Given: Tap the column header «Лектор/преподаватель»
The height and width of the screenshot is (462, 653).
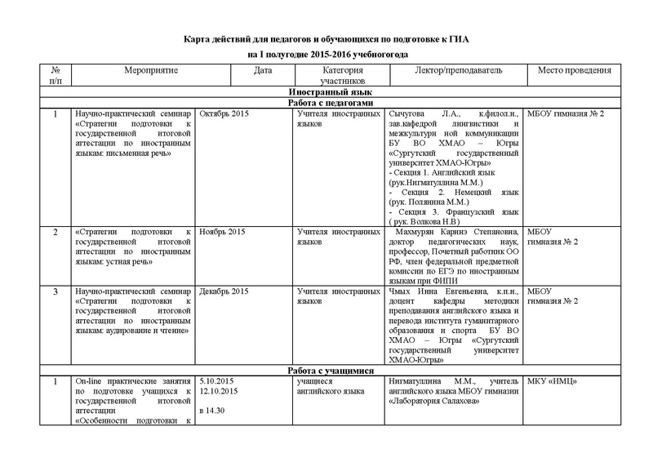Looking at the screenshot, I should click(x=453, y=72).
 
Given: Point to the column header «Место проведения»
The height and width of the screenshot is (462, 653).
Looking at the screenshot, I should click(x=575, y=72).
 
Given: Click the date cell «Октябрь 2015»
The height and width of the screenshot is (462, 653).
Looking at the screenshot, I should click(x=224, y=113).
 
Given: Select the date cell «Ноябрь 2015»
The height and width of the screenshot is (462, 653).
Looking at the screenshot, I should click(x=222, y=232).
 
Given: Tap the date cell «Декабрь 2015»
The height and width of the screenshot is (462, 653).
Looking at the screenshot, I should click(x=224, y=291).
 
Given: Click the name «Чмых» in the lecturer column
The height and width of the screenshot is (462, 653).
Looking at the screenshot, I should click(x=402, y=291).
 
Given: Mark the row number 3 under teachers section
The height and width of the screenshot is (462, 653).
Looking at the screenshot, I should click(x=55, y=291).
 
